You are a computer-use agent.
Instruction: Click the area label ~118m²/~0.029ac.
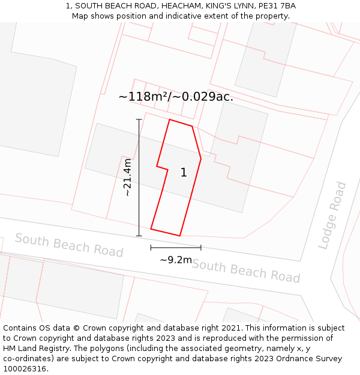pos(176,97)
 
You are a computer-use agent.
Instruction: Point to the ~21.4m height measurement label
pos(127,177)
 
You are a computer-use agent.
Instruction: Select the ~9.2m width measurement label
pos(176,260)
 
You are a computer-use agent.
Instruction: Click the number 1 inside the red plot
pos(184,173)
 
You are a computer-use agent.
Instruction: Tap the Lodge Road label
pos(332,215)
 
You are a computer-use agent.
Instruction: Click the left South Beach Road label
pos(69,245)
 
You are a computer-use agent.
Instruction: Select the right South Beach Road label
pos(246,271)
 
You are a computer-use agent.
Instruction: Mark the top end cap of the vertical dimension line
pos(139,119)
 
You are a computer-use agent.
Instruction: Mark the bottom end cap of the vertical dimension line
pos(139,236)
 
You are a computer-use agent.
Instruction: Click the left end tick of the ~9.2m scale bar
pos(151,247)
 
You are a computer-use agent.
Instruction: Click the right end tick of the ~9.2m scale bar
pos(201,247)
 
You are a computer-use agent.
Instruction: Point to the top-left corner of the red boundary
pos(170,119)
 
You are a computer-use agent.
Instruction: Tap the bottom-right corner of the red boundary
pos(180,236)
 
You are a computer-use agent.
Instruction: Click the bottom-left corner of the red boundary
pos(151,229)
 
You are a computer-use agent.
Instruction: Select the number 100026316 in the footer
pos(25,369)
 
